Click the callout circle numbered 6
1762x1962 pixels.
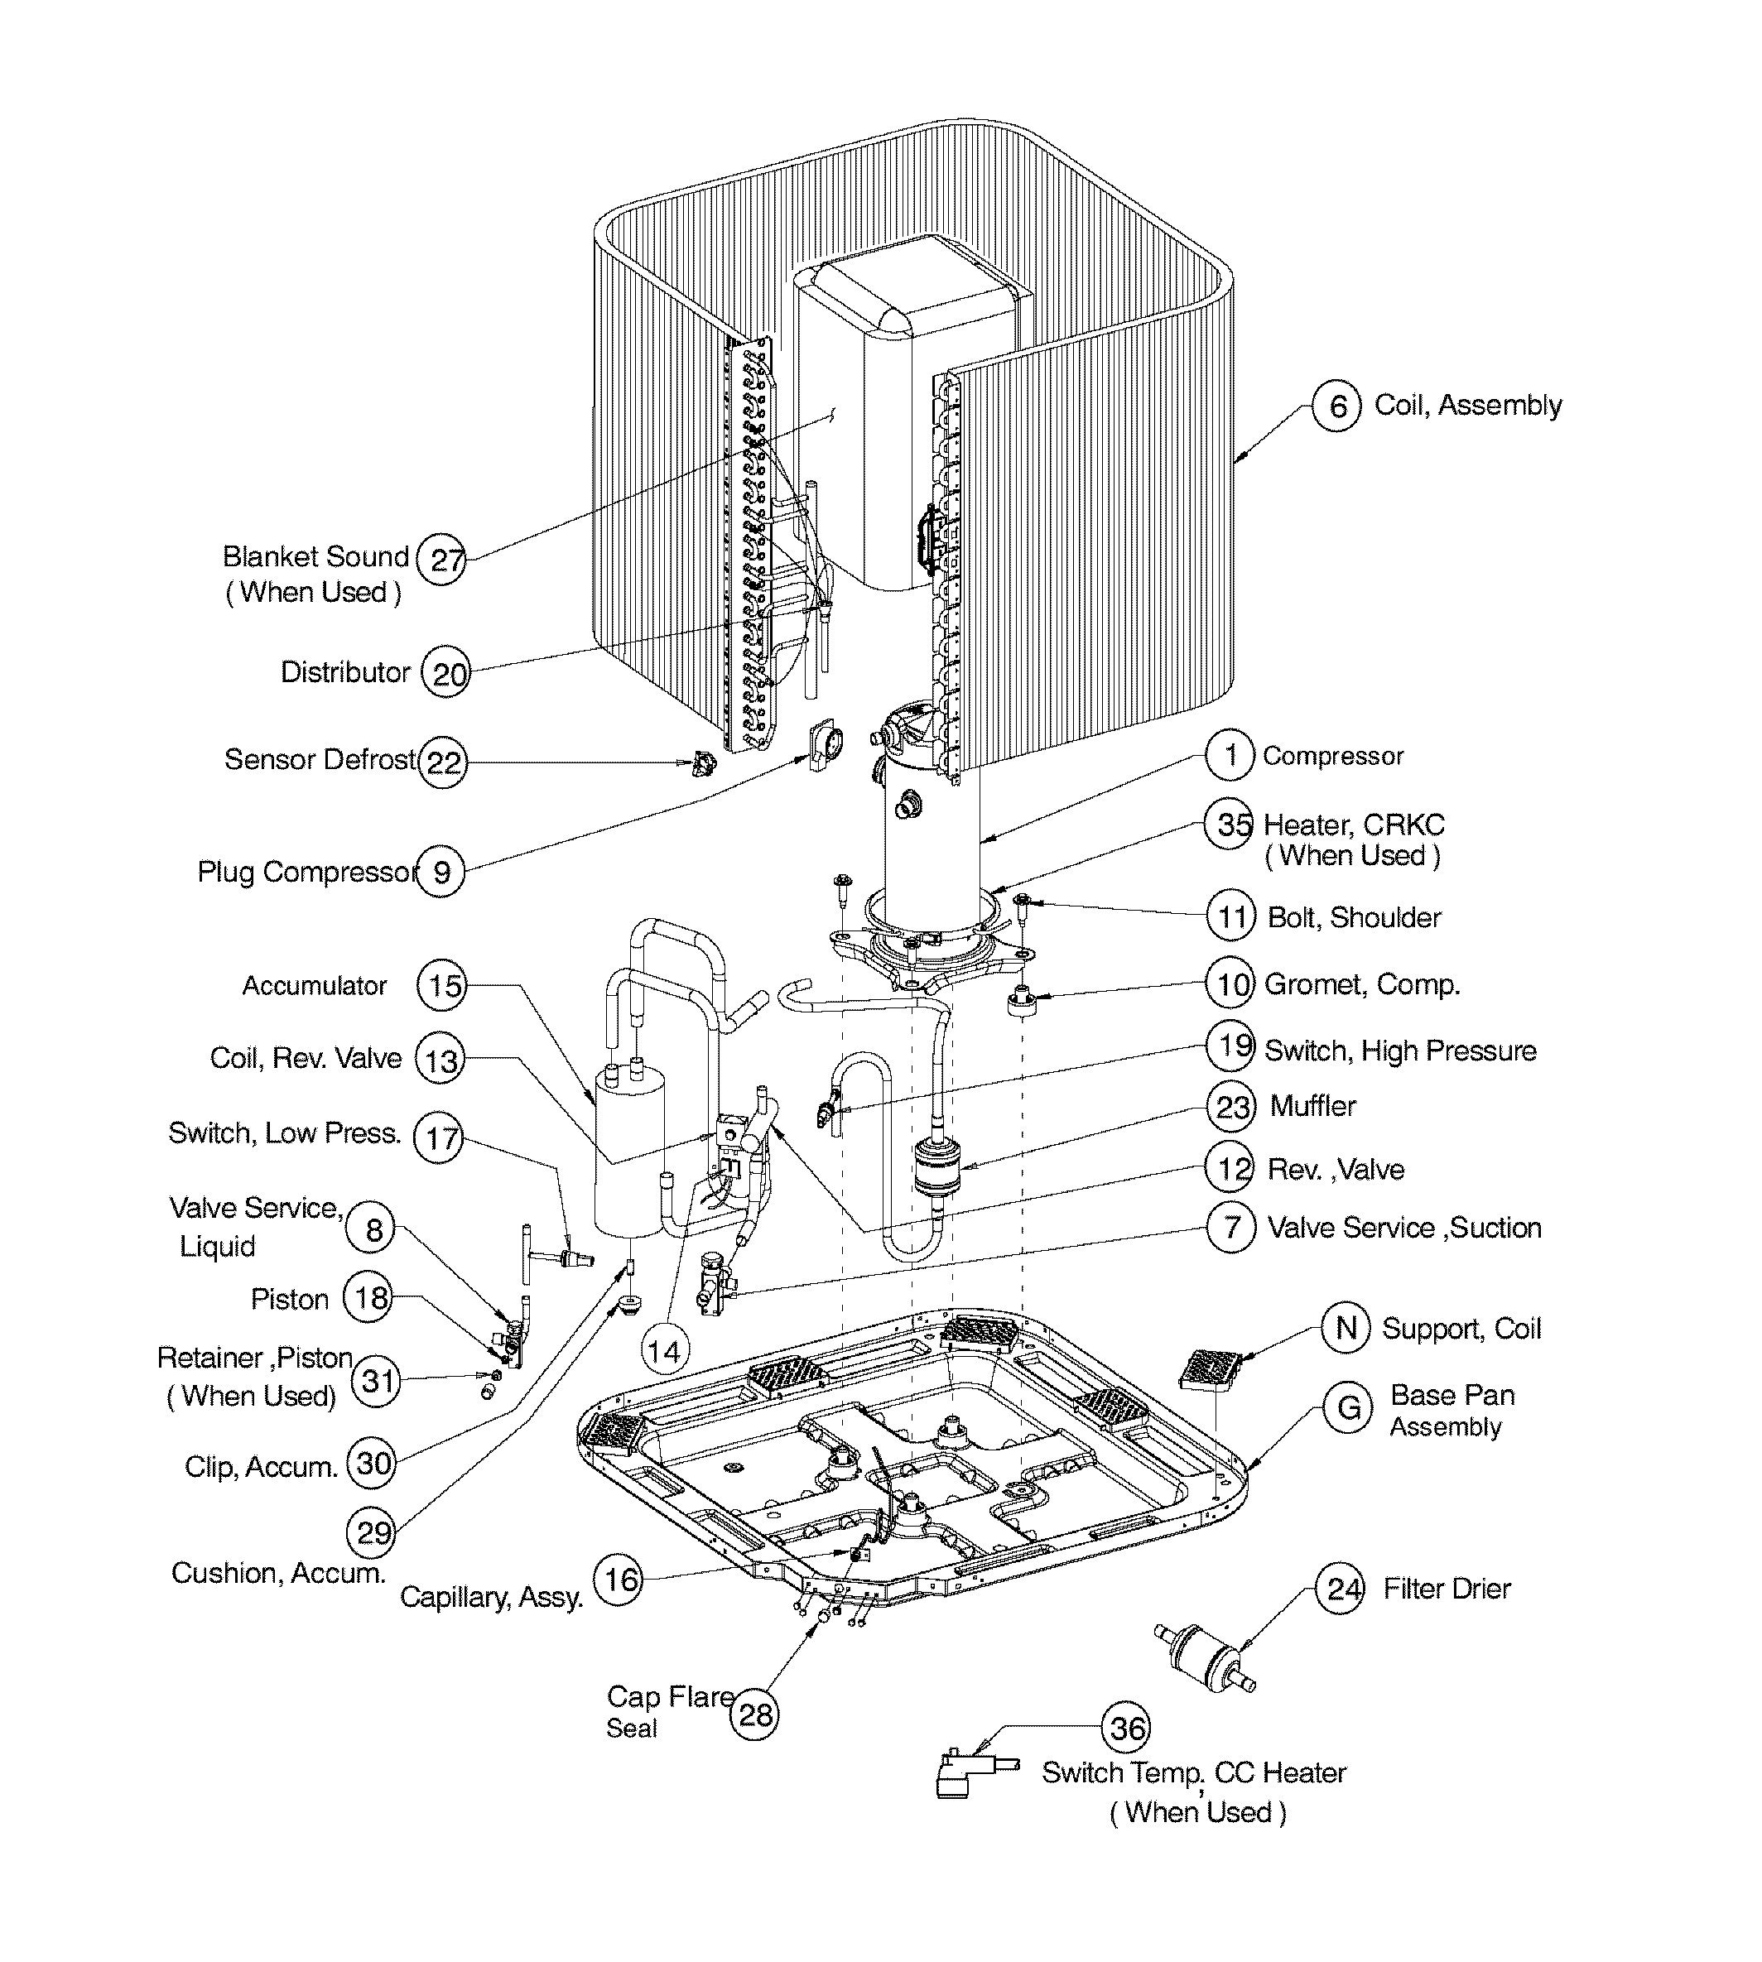[x=1336, y=406]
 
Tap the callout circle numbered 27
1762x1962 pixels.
[x=440, y=560]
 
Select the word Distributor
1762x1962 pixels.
[x=344, y=671]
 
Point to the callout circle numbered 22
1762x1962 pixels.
[x=442, y=762]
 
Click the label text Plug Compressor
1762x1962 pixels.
[x=307, y=872]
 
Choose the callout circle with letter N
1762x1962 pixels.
[x=1346, y=1328]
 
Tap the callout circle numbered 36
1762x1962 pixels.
[x=1127, y=1728]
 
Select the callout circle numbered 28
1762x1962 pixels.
[x=754, y=1715]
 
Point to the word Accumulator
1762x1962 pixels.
[x=314, y=985]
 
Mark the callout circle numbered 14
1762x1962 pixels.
[x=664, y=1351]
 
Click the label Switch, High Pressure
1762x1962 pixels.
[x=1400, y=1051]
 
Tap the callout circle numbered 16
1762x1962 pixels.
[x=618, y=1580]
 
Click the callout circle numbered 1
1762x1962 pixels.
[x=1230, y=755]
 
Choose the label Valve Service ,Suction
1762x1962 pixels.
[x=1403, y=1228]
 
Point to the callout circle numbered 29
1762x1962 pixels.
[x=372, y=1532]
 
